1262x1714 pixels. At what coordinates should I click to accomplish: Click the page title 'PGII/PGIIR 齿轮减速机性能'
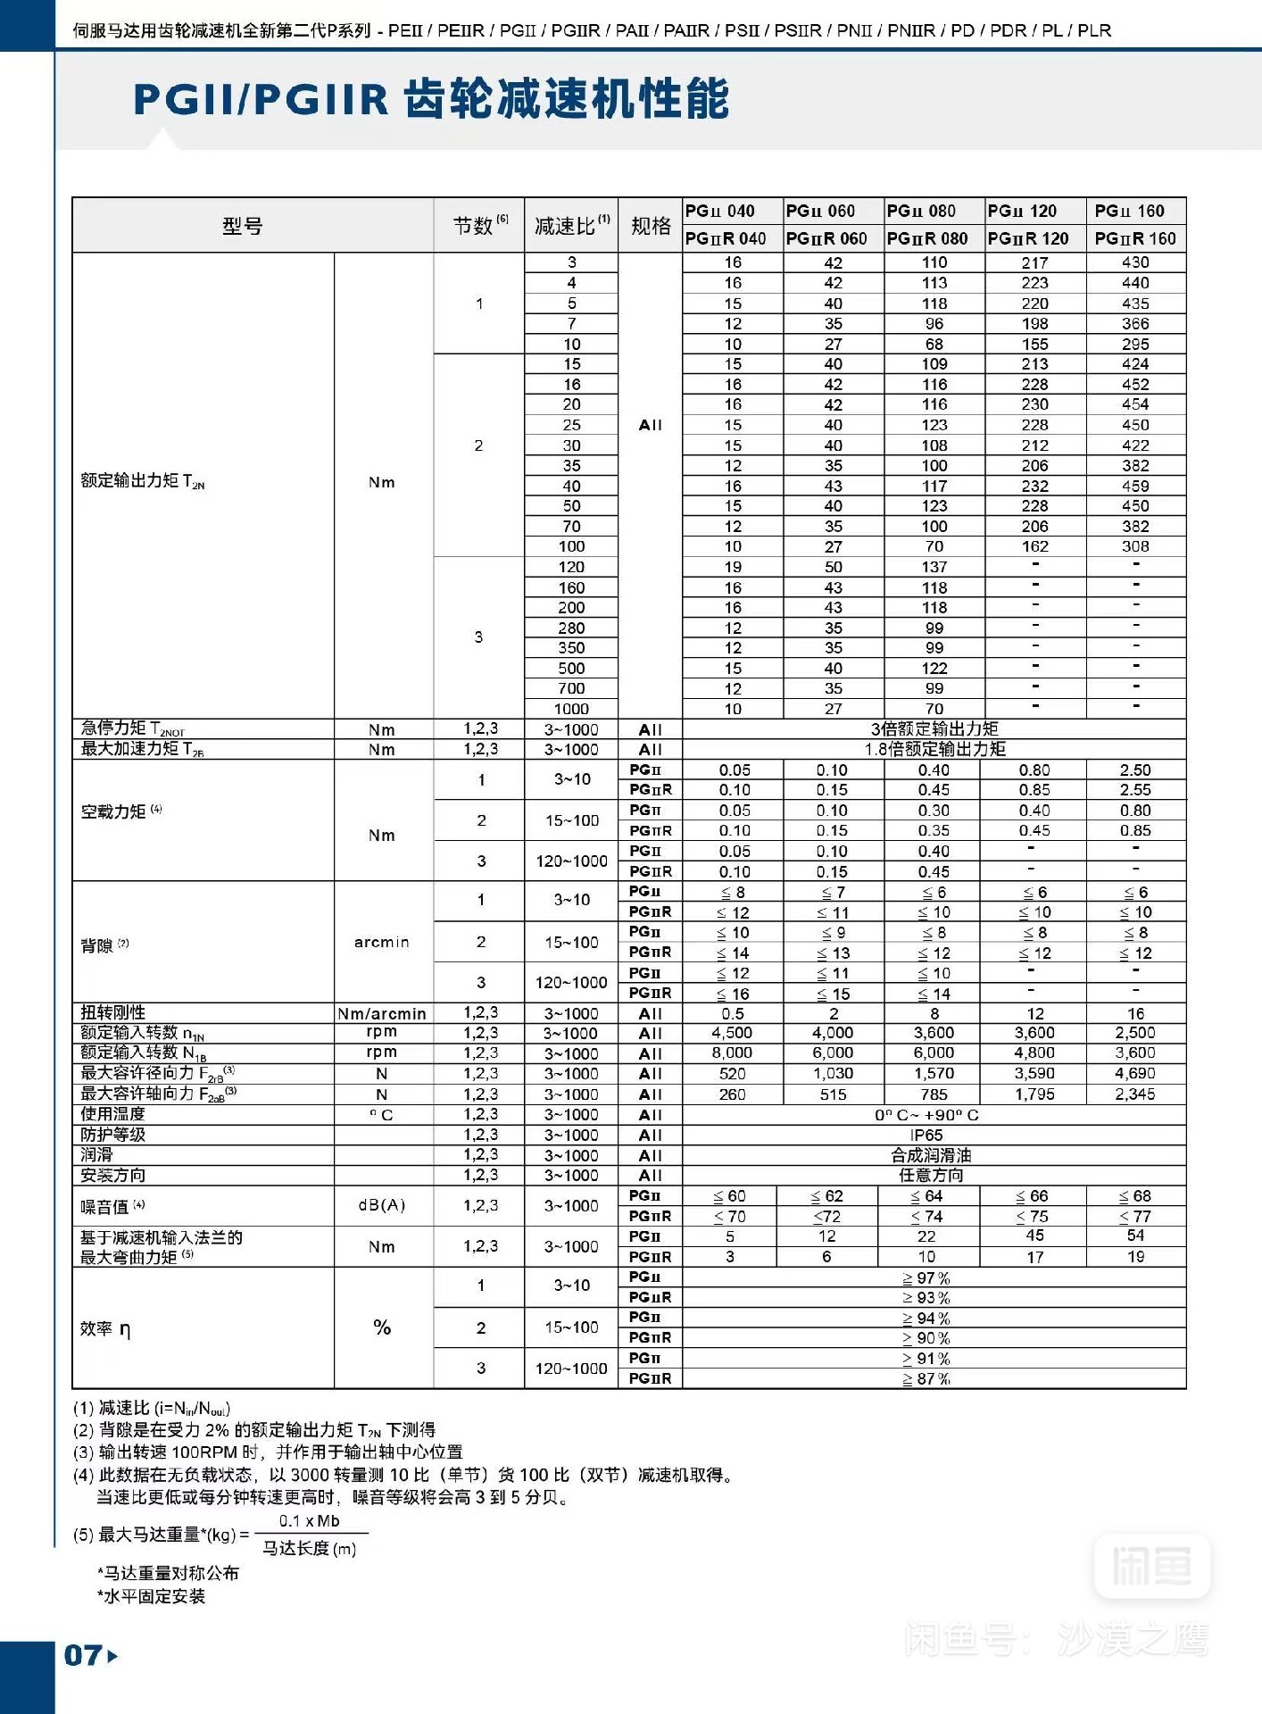point(431,99)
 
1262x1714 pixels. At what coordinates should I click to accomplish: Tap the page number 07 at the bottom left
point(83,1656)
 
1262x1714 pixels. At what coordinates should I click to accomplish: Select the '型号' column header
point(243,226)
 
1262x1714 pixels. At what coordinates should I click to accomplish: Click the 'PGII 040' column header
point(720,211)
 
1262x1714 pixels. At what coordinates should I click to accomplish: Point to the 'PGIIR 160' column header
point(1135,238)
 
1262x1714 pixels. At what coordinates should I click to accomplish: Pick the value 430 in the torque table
point(1135,262)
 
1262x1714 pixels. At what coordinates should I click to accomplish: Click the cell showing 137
point(934,567)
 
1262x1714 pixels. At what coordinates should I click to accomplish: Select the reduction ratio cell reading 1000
point(571,709)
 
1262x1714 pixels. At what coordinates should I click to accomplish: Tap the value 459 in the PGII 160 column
point(1135,486)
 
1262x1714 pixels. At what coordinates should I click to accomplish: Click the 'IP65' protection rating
point(926,1135)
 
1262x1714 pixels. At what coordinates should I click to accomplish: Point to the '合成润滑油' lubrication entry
point(931,1155)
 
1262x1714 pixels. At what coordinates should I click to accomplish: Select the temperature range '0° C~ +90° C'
point(926,1115)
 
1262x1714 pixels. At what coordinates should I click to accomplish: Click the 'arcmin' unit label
point(382,942)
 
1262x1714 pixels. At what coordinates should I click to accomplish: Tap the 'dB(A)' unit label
point(382,1205)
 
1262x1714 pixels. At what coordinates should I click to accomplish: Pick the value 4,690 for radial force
point(1135,1073)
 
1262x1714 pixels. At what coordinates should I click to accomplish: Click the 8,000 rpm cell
point(732,1053)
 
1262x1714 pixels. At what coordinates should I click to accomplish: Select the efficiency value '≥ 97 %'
point(926,1277)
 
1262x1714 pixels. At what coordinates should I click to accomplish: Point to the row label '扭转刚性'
point(113,1012)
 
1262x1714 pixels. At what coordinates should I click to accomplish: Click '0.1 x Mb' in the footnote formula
point(309,1521)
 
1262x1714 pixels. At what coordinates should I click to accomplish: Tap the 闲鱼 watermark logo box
point(1151,1565)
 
